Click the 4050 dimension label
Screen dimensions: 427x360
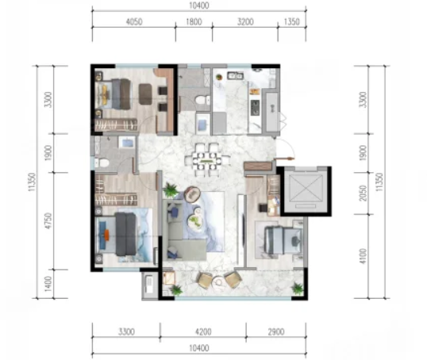point(134,21)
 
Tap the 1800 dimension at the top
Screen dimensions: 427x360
point(194,21)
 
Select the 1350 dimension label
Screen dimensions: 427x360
point(291,21)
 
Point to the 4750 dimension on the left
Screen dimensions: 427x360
point(48,220)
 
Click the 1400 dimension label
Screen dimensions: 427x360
point(48,284)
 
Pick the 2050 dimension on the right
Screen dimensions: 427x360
point(363,193)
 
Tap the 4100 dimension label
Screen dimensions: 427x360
point(363,256)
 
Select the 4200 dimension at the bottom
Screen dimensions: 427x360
point(203,331)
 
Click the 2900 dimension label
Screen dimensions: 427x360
point(276,331)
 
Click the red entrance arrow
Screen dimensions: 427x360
point(285,158)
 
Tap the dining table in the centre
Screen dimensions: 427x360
point(206,160)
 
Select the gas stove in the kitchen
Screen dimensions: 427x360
point(255,108)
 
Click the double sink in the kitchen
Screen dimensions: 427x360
point(235,75)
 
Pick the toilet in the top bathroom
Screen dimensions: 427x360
point(202,100)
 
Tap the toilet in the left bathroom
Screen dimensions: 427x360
point(102,163)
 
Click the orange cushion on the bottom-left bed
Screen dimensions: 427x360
point(106,235)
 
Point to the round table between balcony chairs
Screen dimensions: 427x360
point(218,281)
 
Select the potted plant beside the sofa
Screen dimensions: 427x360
point(171,190)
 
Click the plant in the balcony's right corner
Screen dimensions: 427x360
point(297,289)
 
